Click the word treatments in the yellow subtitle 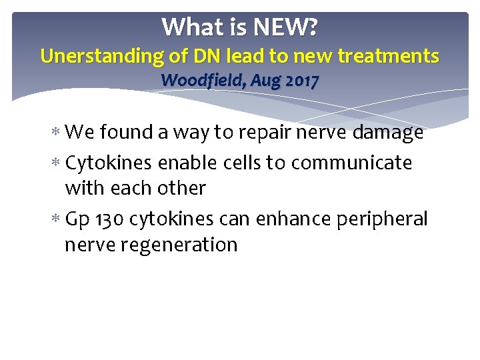(x=387, y=56)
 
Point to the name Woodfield (x=196, y=81)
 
